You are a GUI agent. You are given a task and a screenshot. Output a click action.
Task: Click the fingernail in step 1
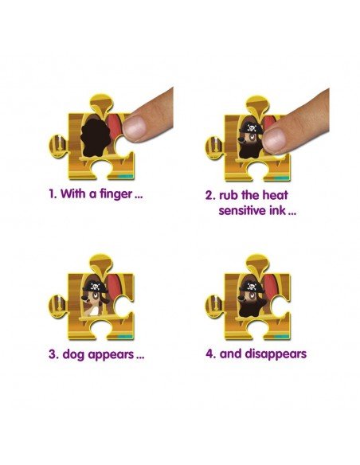(135, 127)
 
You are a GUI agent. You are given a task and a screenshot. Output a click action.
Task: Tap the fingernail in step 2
(274, 141)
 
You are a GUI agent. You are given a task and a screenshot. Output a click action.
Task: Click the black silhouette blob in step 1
(96, 138)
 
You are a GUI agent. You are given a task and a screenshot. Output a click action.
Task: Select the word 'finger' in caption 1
(116, 194)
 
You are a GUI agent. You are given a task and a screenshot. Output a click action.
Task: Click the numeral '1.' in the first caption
(53, 194)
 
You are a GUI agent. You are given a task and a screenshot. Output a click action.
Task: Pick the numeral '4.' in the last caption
(210, 354)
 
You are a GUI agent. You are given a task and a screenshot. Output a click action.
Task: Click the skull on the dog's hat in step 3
(95, 286)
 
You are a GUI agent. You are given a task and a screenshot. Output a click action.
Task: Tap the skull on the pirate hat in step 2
(252, 128)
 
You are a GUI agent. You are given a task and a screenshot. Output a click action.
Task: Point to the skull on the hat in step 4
(252, 287)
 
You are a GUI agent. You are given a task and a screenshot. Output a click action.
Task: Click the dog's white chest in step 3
(94, 311)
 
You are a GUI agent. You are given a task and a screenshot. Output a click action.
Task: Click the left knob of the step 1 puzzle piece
(57, 146)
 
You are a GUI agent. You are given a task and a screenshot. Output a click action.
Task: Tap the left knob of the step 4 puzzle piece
(214, 306)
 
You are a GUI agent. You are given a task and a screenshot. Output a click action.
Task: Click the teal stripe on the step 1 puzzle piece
(126, 176)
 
